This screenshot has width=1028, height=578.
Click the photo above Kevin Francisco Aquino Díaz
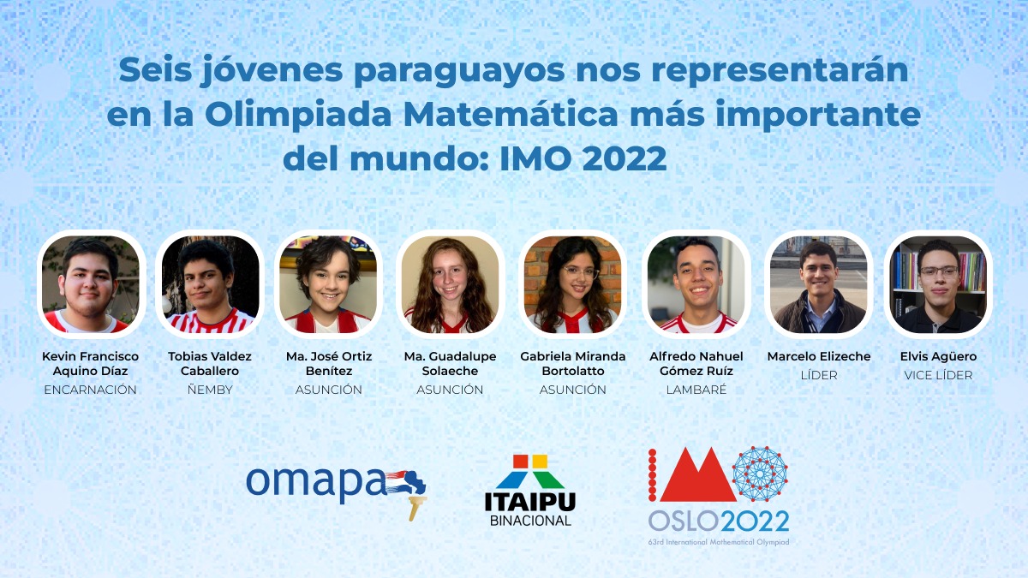click(91, 284)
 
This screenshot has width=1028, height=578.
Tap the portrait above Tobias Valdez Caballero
click(210, 284)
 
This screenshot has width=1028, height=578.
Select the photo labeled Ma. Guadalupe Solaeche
click(451, 284)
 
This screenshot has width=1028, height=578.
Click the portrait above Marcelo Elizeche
click(819, 284)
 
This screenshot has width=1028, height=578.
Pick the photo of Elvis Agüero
click(938, 284)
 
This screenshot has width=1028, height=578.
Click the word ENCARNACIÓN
click(91, 390)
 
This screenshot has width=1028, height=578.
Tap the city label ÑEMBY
click(210, 390)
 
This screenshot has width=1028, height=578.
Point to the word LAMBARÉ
click(696, 390)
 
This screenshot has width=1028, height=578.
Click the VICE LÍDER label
click(938, 375)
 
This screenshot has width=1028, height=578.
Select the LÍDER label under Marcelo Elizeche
click(819, 375)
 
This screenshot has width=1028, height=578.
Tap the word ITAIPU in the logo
click(530, 502)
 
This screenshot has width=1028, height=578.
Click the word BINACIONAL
click(530, 521)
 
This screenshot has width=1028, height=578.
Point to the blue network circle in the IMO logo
click(760, 474)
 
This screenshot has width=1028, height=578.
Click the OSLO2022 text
click(719, 521)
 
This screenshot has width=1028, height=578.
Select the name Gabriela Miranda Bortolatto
click(573, 363)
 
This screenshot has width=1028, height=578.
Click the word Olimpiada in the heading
click(298, 115)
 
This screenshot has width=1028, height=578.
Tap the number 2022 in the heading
click(625, 158)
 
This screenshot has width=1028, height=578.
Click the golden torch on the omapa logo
click(416, 507)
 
